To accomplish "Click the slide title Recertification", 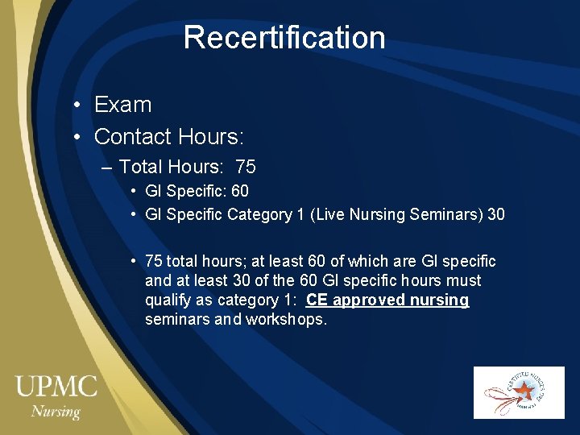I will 284,38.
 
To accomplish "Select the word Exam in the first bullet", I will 122,105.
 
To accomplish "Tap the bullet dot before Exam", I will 75,106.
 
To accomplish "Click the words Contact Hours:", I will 168,137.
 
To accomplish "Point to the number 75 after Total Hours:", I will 246,167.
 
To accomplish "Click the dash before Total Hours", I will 108,168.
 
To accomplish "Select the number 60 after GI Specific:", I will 239,192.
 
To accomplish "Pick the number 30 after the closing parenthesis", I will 496,215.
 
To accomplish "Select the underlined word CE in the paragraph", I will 317,300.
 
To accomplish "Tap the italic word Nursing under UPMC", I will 56,412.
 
